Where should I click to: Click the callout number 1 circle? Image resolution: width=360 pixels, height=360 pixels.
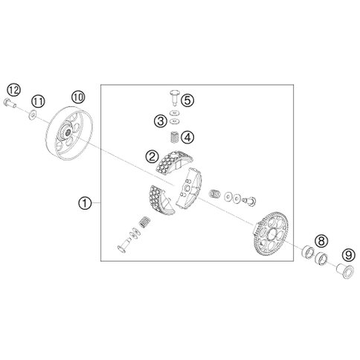tap(85, 203)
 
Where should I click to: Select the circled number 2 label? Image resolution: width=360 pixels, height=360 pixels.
tap(152, 157)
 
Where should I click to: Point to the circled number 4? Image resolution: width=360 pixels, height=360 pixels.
tap(187, 137)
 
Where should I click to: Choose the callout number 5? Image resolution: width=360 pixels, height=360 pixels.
tap(187, 100)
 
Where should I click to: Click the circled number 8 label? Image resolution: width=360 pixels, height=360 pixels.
tap(321, 240)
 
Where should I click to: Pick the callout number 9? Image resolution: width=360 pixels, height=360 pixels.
tap(348, 255)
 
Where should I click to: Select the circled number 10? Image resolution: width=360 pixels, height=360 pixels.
tap(78, 97)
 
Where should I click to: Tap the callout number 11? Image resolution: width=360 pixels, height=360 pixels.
tap(38, 101)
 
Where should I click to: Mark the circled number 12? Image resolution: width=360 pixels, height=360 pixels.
tap(13, 90)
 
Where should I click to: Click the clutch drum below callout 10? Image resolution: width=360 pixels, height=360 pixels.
tap(69, 132)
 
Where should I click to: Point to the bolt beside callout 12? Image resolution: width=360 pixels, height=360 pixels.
tap(10, 103)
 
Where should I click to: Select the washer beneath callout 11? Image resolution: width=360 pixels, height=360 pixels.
tap(32, 115)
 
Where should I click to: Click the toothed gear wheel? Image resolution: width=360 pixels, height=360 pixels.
tap(271, 234)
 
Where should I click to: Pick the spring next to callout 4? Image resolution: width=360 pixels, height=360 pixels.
tap(175, 138)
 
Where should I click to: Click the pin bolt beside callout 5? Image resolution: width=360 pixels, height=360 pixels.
tap(175, 97)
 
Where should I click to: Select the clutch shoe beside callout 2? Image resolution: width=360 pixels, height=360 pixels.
tap(173, 161)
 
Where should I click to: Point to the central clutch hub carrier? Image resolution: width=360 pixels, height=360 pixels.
tap(188, 188)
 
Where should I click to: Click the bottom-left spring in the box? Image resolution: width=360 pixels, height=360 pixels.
tap(144, 222)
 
